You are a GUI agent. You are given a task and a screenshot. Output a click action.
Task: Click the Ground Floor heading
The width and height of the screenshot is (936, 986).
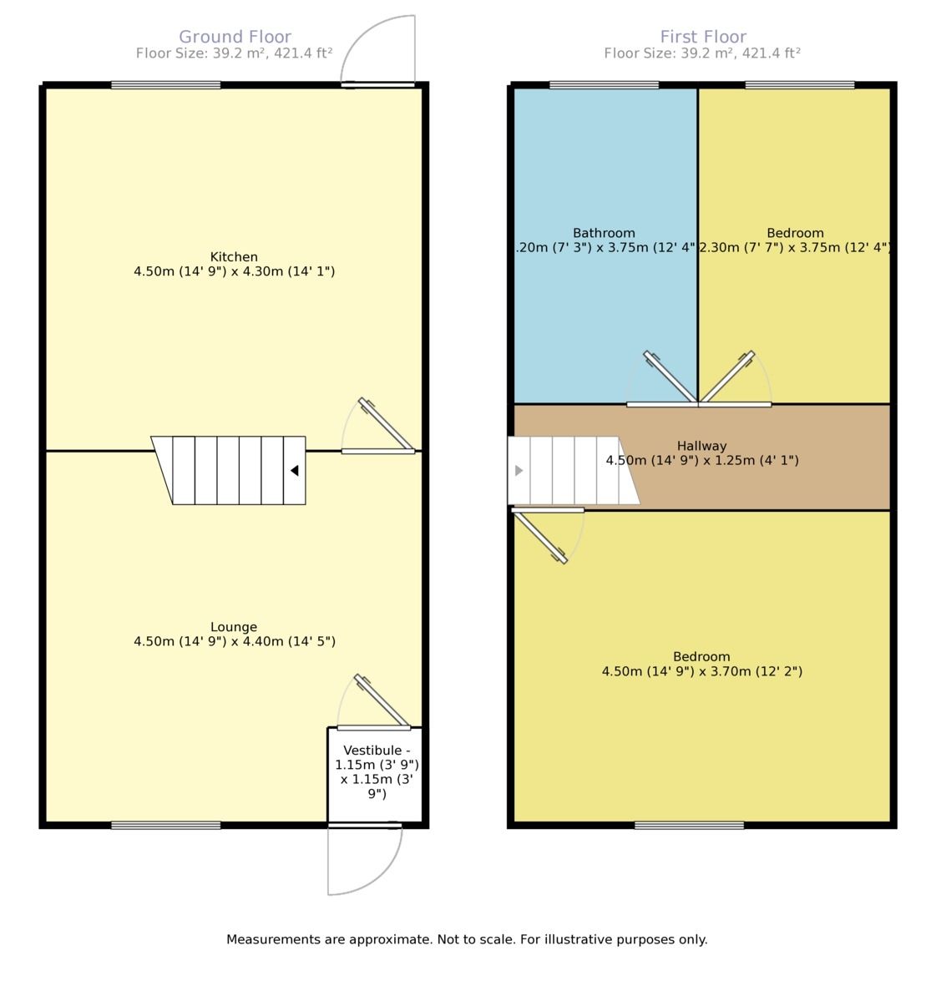pyautogui.click(x=235, y=37)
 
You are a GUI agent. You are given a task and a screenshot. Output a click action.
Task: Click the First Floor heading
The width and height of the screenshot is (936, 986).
pyautogui.click(x=703, y=37)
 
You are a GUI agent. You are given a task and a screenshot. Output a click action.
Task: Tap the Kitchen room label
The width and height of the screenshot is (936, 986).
pyautogui.click(x=234, y=257)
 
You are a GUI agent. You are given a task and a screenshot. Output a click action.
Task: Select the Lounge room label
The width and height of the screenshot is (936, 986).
pyautogui.click(x=234, y=627)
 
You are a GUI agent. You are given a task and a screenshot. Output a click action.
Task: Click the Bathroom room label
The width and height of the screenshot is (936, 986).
pyautogui.click(x=604, y=233)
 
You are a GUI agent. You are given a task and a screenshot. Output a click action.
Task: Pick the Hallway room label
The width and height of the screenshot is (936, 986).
pyautogui.click(x=701, y=446)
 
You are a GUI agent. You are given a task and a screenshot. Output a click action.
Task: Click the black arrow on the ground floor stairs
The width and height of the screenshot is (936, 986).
pyautogui.click(x=294, y=471)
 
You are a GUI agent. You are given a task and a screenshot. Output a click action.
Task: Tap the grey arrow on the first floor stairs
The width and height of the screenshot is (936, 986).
pyautogui.click(x=519, y=471)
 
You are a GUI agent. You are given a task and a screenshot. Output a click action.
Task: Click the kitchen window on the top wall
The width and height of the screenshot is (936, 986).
pyautogui.click(x=166, y=85)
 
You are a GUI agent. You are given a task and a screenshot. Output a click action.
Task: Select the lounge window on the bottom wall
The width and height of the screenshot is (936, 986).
pyautogui.click(x=166, y=825)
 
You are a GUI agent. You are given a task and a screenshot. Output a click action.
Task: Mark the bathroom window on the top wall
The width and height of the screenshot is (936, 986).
pyautogui.click(x=604, y=85)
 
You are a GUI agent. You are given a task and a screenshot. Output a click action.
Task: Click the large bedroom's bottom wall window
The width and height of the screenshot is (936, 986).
pyautogui.click(x=689, y=825)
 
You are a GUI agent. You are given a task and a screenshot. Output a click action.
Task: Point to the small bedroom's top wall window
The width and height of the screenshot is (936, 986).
pyautogui.click(x=800, y=85)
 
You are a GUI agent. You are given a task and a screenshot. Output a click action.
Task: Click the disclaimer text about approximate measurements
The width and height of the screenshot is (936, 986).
pyautogui.click(x=467, y=939)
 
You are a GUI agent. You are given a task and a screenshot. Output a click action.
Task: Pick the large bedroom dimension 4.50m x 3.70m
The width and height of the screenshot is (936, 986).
pyautogui.click(x=701, y=671)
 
